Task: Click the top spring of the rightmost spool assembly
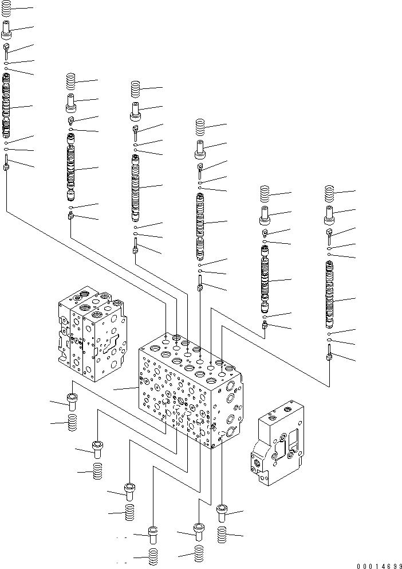point(329,193)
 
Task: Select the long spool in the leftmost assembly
point(6,106)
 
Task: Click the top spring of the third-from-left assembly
point(135,89)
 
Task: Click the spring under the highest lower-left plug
point(72,424)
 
